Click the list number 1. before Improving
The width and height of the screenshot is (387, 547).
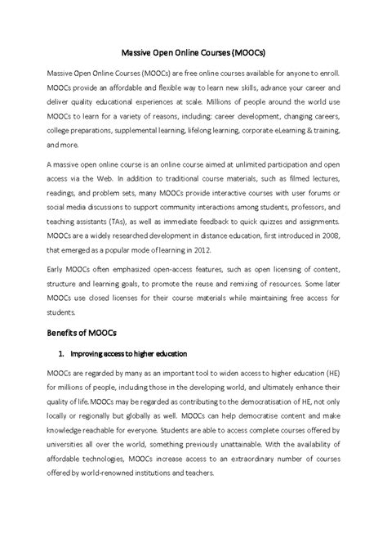[62, 353]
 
